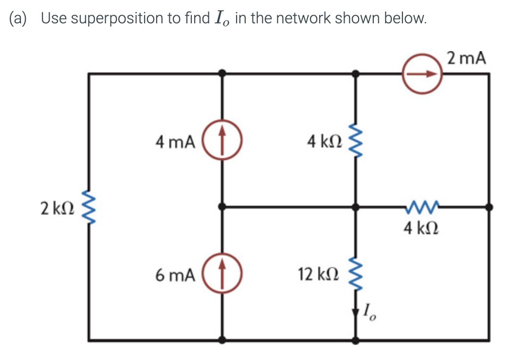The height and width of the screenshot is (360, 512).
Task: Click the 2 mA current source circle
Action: click(x=421, y=74)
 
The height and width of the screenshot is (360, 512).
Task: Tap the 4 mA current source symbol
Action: click(x=222, y=142)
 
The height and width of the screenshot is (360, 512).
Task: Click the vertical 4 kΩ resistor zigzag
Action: click(x=356, y=141)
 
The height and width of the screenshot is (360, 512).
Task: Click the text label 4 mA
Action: click(x=175, y=142)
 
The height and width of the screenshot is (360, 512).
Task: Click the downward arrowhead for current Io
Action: click(x=356, y=311)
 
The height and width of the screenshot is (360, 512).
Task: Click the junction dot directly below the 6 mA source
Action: click(x=222, y=340)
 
